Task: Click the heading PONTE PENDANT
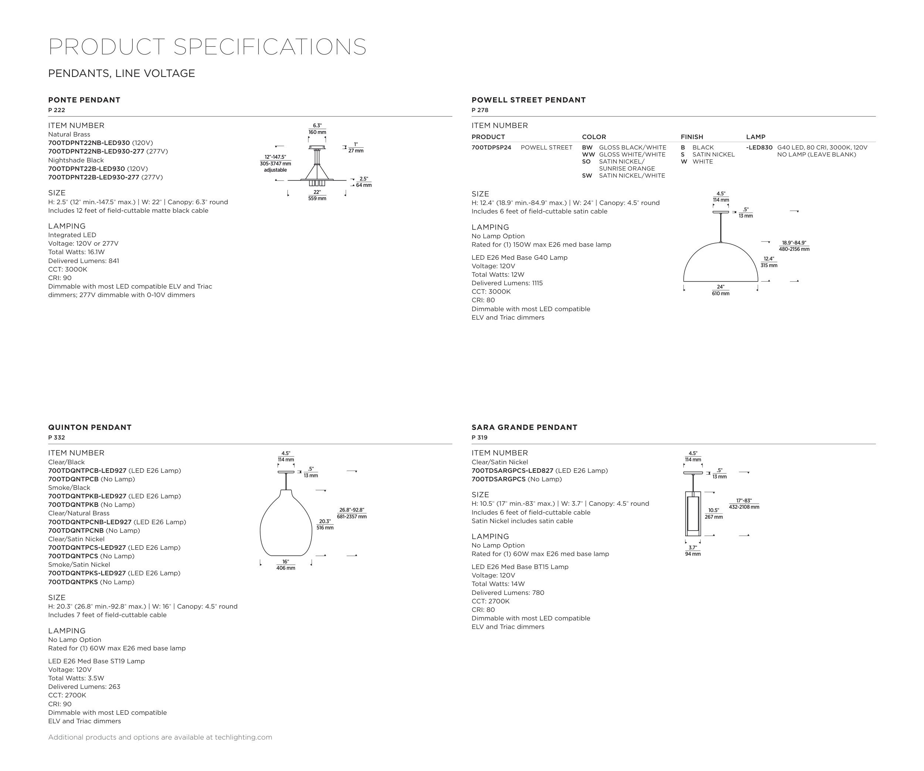pos(84,100)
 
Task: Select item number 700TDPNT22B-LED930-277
pos(94,178)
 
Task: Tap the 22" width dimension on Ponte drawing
pos(317,192)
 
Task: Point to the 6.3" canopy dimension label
pos(317,126)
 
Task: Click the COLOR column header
pos(594,137)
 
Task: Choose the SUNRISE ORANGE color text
pos(626,169)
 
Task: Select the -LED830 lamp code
pos(759,148)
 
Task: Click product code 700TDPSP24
pos(491,148)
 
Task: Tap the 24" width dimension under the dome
pos(720,287)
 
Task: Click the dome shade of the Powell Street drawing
pos(720,264)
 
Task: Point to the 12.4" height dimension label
pos(769,259)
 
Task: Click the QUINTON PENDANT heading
pos(90,427)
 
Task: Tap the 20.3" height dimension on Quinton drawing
pos(325,521)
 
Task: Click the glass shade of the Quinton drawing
pos(286,528)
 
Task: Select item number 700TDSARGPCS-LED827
pos(512,471)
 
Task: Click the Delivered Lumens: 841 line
pos(84,261)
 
